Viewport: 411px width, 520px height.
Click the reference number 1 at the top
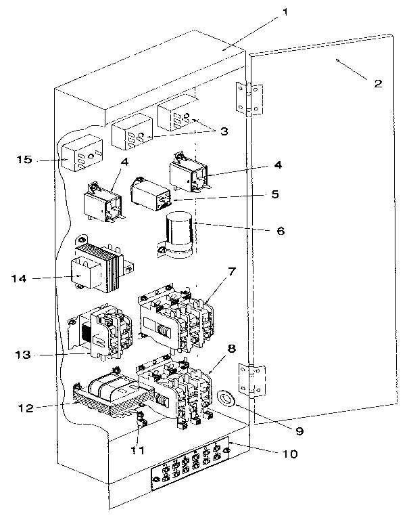tap(285, 13)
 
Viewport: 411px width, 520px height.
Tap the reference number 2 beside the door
tap(378, 83)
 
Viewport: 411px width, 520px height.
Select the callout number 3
tap(224, 131)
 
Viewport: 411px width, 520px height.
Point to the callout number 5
tap(275, 194)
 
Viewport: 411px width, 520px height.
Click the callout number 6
tap(281, 231)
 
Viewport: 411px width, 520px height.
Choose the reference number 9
tap(299, 431)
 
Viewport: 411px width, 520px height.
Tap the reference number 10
tap(290, 454)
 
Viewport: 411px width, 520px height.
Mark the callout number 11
tap(137, 450)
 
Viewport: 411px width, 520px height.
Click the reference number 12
tap(26, 408)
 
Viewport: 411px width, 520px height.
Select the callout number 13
tap(23, 355)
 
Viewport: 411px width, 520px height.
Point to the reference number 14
tap(19, 278)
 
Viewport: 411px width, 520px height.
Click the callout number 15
tap(24, 160)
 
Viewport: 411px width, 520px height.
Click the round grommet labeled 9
tap(226, 398)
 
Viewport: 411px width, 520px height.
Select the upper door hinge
tap(249, 99)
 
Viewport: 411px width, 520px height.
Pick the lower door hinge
tap(252, 380)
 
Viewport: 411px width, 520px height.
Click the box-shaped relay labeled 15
tap(82, 153)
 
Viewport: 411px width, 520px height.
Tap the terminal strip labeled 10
tap(190, 463)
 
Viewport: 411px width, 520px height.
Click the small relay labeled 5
tap(151, 194)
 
